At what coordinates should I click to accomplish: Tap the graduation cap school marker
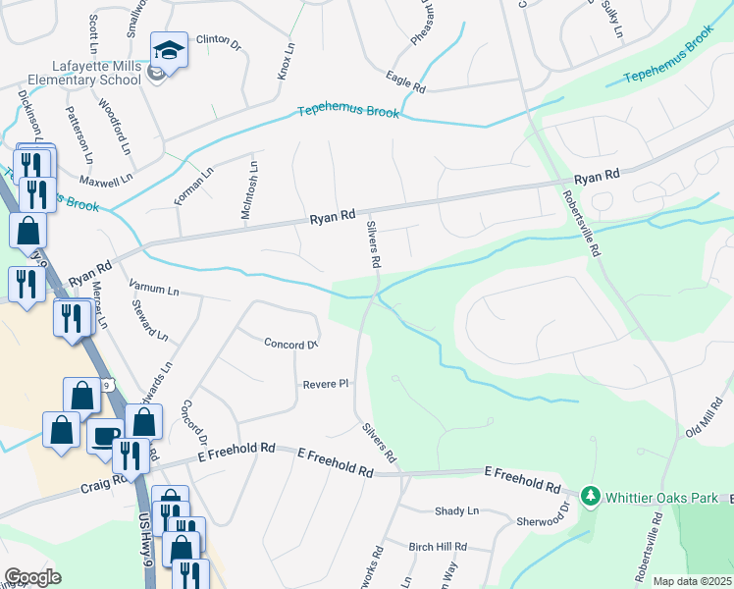(168, 50)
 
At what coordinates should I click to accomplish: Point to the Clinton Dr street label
(218, 42)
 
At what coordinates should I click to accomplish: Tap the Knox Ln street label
(286, 62)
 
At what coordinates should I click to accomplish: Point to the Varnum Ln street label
(154, 291)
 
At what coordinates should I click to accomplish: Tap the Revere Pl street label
(326, 384)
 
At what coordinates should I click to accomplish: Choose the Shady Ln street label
(456, 510)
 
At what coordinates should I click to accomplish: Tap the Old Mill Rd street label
(705, 418)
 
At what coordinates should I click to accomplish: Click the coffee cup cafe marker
(105, 436)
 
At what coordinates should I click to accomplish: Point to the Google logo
(33, 577)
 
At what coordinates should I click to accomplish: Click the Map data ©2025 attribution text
(691, 581)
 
